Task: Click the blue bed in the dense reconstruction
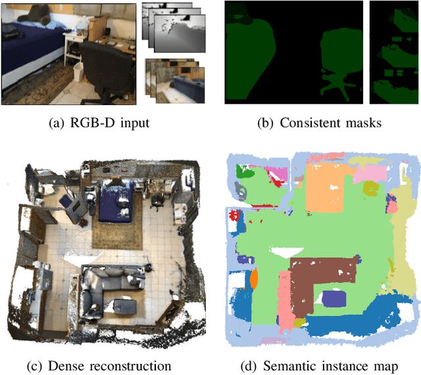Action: click(118, 200)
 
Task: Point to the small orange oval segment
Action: click(253, 279)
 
